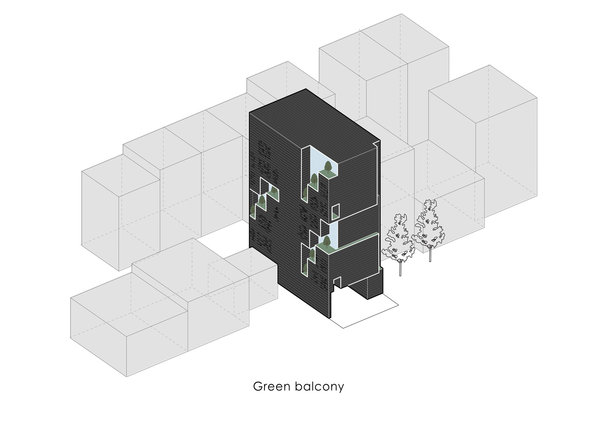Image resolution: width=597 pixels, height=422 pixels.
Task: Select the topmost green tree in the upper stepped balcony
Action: (328, 166)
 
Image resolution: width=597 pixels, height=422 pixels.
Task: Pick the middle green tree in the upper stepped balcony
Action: (314, 179)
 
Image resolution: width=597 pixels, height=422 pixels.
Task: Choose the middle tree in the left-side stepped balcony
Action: (262, 200)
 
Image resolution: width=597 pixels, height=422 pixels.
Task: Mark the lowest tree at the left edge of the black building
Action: (253, 210)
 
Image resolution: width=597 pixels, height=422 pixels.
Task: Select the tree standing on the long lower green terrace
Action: (327, 241)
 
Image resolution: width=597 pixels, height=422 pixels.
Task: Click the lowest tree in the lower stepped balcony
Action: (305, 268)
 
